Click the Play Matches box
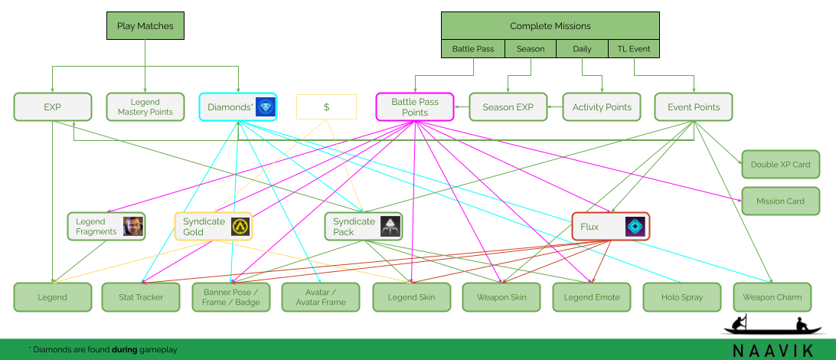click(145, 26)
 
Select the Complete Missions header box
click(550, 25)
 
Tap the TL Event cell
click(634, 49)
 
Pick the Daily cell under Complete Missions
click(582, 49)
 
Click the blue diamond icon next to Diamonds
click(265, 107)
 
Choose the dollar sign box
click(326, 107)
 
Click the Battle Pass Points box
click(415, 107)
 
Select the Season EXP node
click(508, 107)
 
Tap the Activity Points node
click(602, 107)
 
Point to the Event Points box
click(694, 107)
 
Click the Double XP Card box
click(780, 164)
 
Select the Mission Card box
click(780, 201)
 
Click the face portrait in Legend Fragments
click(133, 226)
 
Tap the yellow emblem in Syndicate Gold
click(240, 226)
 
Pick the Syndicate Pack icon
click(390, 226)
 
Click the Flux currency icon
click(635, 226)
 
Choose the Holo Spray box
click(681, 297)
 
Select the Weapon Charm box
click(772, 297)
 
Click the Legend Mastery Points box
click(145, 107)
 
